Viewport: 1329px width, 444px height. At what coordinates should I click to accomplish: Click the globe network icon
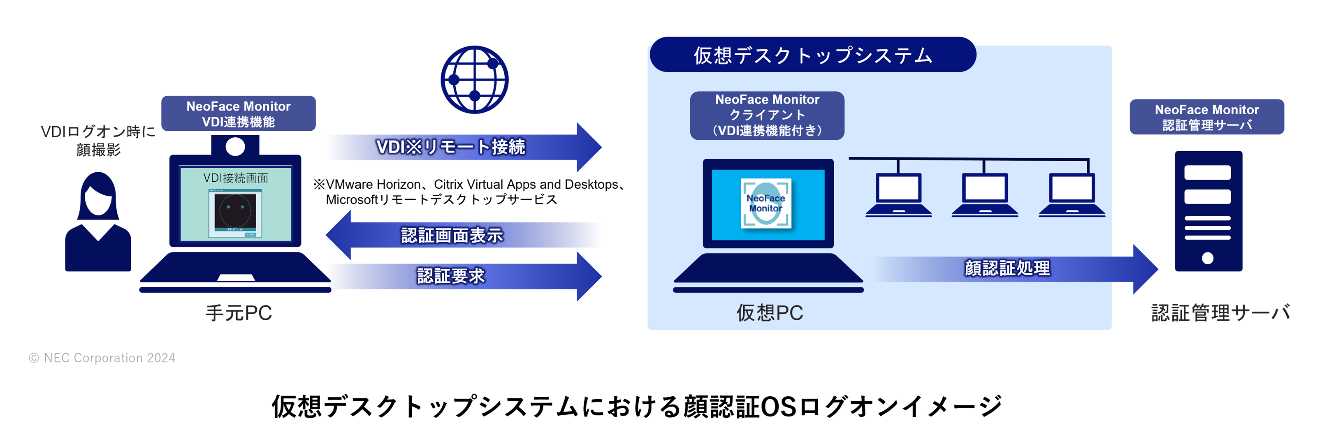coord(474,80)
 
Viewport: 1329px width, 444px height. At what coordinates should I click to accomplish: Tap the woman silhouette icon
coord(98,222)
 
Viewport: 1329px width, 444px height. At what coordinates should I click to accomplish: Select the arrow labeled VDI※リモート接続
coord(464,147)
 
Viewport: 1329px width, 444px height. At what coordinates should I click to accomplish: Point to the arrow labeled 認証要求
coord(464,276)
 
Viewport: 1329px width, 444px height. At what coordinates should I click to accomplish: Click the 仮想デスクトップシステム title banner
coord(812,55)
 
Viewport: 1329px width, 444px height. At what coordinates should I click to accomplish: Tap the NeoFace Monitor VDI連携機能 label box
coord(238,113)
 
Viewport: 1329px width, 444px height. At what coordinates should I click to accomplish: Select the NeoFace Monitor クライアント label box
coord(767,115)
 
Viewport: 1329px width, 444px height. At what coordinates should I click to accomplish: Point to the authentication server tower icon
coord(1208,211)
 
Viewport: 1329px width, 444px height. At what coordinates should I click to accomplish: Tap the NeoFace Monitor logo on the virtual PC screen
coord(765,203)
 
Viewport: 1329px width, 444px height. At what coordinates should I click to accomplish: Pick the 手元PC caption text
coord(238,313)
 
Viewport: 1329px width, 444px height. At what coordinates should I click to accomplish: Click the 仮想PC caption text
coord(769,313)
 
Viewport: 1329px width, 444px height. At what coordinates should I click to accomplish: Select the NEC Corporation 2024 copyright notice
coord(102,358)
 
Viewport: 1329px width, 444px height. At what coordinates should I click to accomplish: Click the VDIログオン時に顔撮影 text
coord(98,140)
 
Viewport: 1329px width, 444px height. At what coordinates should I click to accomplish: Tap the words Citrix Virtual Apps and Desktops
coord(526,185)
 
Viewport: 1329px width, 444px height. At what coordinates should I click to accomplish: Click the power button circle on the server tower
coord(1207,258)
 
